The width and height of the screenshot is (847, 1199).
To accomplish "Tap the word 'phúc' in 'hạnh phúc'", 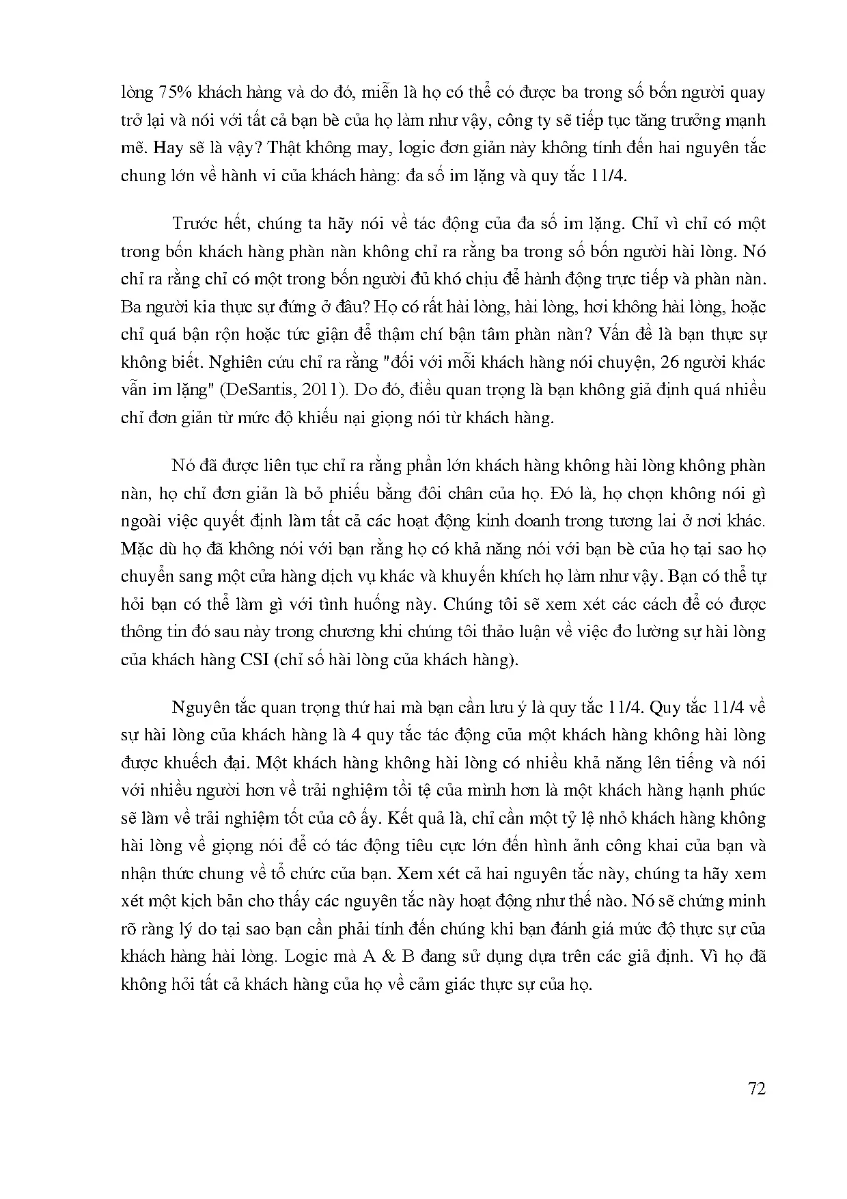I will tap(748, 790).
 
